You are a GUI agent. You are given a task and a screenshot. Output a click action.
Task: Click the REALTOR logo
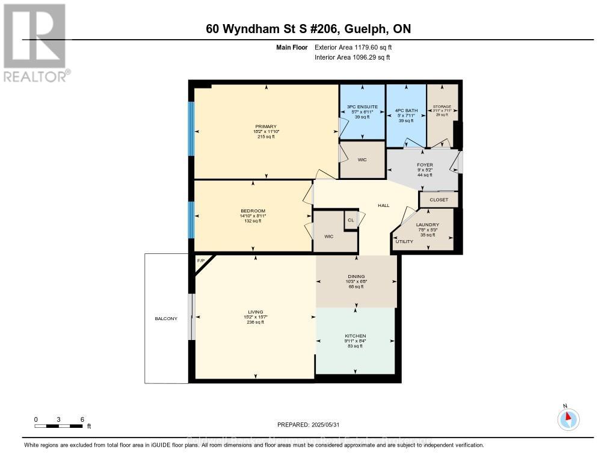pyautogui.click(x=35, y=43)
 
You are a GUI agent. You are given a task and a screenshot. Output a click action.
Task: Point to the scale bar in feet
pyautogui.click(x=59, y=425)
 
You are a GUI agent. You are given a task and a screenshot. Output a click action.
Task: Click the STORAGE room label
pyautogui.click(x=442, y=107)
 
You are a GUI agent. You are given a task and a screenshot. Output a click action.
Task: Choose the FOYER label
pyautogui.click(x=425, y=164)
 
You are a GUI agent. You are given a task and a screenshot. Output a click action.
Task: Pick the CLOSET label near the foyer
pyautogui.click(x=439, y=200)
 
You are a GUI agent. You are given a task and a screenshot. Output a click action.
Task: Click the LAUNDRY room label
pyautogui.click(x=427, y=225)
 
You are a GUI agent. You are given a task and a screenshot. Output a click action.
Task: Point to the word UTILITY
pyautogui.click(x=404, y=241)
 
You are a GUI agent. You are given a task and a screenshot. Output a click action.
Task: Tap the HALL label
pyautogui.click(x=383, y=206)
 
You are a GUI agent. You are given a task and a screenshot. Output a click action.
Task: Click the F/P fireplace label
pyautogui.click(x=201, y=261)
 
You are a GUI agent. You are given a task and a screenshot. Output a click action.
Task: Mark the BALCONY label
pyautogui.click(x=166, y=318)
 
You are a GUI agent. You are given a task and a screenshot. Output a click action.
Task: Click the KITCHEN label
pyautogui.click(x=356, y=336)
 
